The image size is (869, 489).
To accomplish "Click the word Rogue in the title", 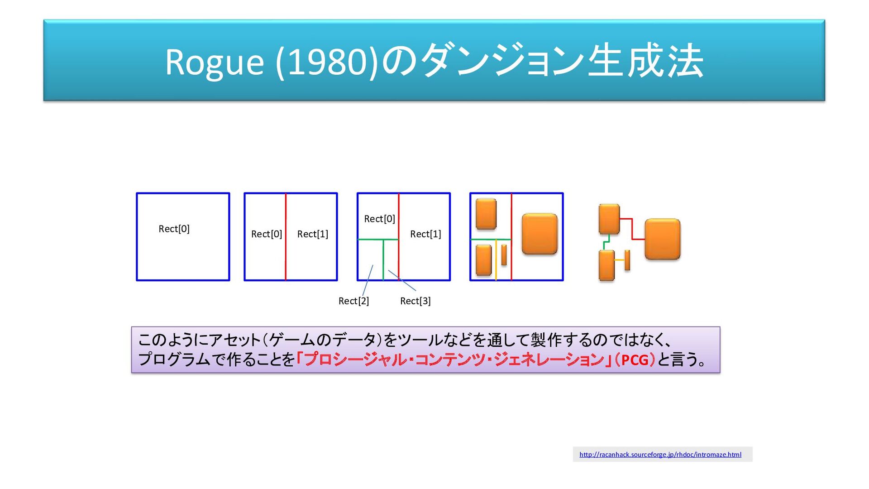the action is tap(214, 62).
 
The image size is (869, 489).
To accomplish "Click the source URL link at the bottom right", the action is tap(660, 455).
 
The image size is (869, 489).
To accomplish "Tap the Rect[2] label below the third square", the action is tap(353, 301).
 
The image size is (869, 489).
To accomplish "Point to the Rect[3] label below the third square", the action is tap(415, 301).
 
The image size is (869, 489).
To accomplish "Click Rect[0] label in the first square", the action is tap(174, 229).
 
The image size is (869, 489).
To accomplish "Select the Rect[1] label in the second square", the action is tap(312, 234).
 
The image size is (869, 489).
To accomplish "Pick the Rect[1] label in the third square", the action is tap(425, 234).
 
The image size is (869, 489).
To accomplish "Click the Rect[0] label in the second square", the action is tap(267, 234).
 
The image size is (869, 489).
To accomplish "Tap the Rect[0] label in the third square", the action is tap(379, 219).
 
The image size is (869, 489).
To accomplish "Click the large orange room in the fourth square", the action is tap(540, 234).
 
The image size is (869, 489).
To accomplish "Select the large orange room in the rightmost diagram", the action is tap(662, 239).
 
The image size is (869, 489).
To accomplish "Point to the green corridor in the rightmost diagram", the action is tap(606, 243).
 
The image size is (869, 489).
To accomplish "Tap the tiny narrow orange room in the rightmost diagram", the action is tap(627, 260).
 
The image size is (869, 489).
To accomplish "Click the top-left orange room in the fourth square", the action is tap(486, 214).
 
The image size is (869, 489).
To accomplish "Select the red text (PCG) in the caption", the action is tap(635, 360).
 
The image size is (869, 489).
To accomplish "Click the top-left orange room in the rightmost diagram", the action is tap(609, 219).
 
